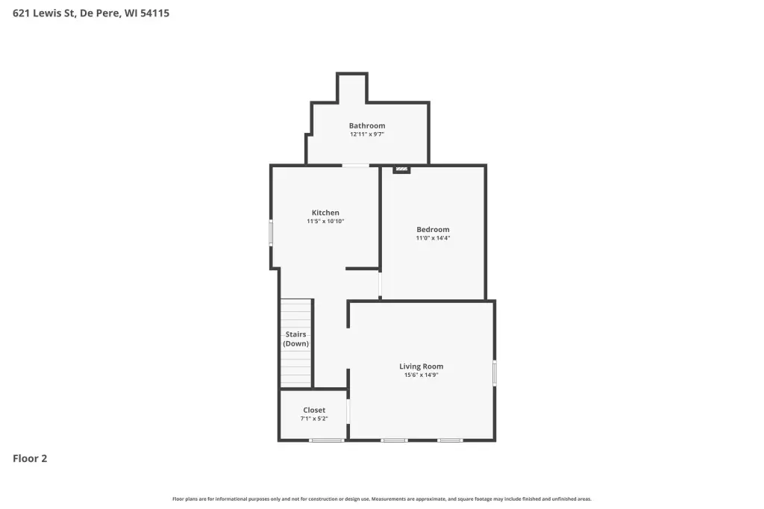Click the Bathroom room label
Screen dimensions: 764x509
tap(367, 126)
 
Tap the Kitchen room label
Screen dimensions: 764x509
tap(325, 213)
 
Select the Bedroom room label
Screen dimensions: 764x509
tap(433, 230)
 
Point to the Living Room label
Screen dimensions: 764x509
tap(421, 366)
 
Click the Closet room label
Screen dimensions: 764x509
tap(314, 410)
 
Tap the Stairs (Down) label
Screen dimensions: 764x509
tap(295, 339)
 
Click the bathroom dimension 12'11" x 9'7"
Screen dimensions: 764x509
tap(367, 134)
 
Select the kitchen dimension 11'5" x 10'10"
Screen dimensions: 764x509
tap(325, 222)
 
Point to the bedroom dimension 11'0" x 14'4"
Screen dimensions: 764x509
tap(433, 238)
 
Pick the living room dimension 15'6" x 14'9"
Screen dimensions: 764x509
tap(421, 375)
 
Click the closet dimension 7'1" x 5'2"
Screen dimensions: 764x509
tap(314, 419)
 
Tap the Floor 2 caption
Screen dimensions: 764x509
tap(30, 458)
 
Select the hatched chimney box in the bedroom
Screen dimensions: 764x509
tap(401, 169)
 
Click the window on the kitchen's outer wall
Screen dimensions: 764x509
tap(272, 232)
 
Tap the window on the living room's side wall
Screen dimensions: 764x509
tap(495, 373)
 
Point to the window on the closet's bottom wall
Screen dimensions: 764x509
tap(327, 440)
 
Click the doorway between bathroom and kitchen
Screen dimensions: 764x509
tap(356, 166)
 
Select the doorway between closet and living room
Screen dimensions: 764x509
tap(348, 412)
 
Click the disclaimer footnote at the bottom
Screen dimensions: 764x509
tap(382, 499)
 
